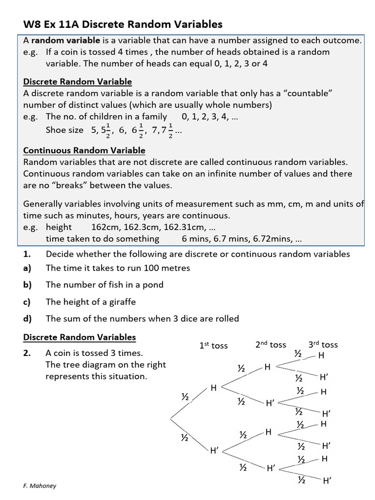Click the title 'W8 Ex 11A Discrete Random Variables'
(x=123, y=24)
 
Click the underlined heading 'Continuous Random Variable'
(x=84, y=150)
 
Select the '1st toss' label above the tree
(x=213, y=345)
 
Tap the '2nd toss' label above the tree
(x=271, y=344)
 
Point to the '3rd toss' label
(x=323, y=344)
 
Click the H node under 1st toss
(x=213, y=388)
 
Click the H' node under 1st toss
(x=214, y=451)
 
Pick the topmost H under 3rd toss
(x=321, y=355)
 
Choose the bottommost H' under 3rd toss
(x=327, y=480)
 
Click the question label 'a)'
(x=27, y=268)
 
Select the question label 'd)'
(x=27, y=318)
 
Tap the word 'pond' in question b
(x=152, y=285)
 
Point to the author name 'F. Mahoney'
(x=40, y=486)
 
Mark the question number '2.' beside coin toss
(x=27, y=353)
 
